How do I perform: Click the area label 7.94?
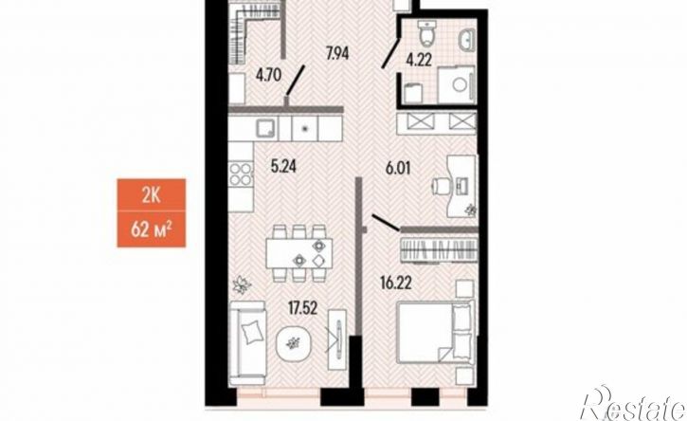(339, 54)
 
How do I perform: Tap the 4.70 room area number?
(268, 76)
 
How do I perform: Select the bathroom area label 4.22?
(419, 59)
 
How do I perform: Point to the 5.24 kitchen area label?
(283, 166)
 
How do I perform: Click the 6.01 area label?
(398, 168)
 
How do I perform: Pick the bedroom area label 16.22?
(396, 284)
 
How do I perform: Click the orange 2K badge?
(152, 194)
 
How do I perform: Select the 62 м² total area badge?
(152, 229)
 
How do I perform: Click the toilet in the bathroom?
(425, 34)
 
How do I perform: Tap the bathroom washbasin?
(467, 40)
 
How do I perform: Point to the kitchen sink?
(266, 129)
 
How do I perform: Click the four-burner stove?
(241, 174)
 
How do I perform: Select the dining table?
(299, 254)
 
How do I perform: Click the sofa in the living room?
(248, 338)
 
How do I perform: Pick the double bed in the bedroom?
(435, 332)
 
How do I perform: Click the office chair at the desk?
(441, 186)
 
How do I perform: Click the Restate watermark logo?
(633, 404)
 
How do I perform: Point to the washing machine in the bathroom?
(456, 85)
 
